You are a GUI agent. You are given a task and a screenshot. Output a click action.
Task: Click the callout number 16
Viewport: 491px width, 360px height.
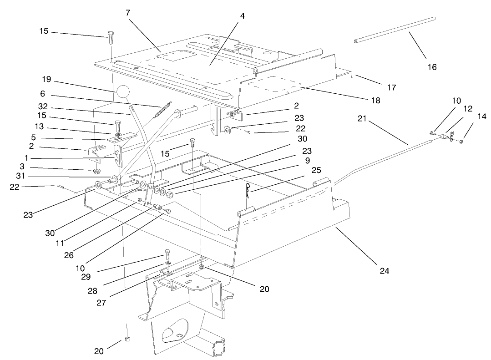coord(432,67)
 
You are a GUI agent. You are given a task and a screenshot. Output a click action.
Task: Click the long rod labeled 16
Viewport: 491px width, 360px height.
coord(394,30)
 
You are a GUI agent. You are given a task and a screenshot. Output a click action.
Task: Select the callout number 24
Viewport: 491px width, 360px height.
coord(384,272)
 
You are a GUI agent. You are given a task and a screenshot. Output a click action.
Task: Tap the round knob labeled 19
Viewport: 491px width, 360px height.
coord(122,91)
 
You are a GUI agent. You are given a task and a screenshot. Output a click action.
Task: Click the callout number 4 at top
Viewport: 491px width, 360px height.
coord(243,16)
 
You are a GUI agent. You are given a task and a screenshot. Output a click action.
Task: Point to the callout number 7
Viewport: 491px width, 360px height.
coord(128,13)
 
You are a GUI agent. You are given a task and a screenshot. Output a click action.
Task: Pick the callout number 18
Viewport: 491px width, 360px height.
coord(375,100)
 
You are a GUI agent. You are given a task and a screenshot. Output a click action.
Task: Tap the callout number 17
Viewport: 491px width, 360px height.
coord(392,87)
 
